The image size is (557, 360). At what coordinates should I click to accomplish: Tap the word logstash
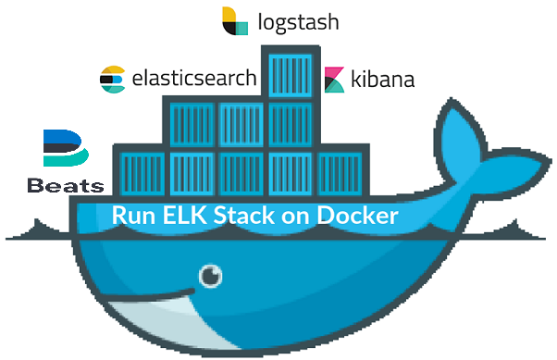[x=297, y=20]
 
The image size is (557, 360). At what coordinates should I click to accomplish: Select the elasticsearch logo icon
[x=113, y=80]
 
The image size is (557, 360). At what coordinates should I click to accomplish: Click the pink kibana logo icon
[x=335, y=80]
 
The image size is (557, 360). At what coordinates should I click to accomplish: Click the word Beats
[x=65, y=185]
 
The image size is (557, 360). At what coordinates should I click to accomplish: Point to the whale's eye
[x=213, y=275]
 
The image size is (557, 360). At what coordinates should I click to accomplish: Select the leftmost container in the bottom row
[x=141, y=172]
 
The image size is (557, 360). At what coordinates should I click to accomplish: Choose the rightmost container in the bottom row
[x=340, y=172]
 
